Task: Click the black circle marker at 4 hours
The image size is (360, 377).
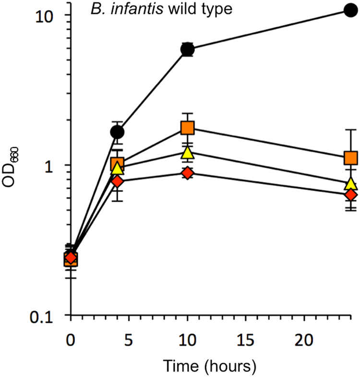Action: coord(117,132)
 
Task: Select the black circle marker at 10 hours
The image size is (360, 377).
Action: coord(187,49)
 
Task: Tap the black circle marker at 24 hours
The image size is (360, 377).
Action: coord(351,10)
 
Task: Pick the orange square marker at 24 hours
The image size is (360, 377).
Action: coord(351,158)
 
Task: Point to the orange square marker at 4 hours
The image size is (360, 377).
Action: coord(117,164)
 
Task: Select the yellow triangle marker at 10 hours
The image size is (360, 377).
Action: coord(187,153)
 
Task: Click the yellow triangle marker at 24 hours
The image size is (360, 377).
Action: coord(351,184)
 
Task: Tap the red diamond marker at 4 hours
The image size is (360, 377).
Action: coord(117,181)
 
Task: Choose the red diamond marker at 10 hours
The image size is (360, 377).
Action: coord(187,173)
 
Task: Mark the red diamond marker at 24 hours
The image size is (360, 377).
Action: coord(351,195)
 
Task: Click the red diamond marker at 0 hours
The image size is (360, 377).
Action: coord(71,258)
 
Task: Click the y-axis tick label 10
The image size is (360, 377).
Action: coord(47,15)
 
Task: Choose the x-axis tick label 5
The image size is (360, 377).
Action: coord(129,340)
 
